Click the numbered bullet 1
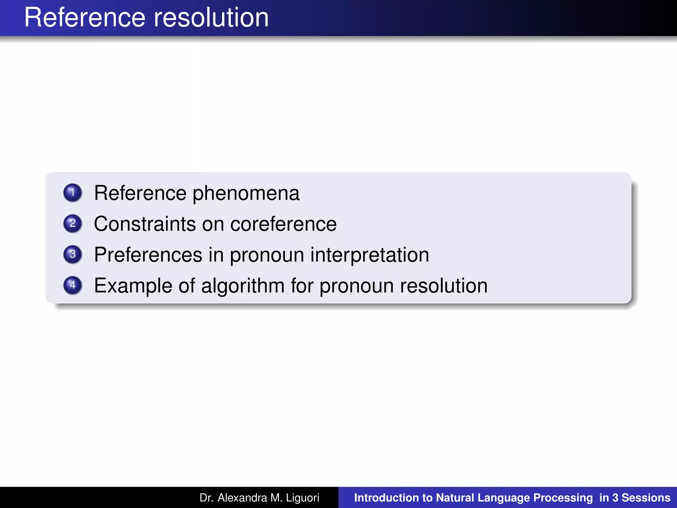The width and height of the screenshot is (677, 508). point(72,192)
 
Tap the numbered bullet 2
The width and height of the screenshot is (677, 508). point(72,223)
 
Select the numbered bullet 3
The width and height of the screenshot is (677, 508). point(72,254)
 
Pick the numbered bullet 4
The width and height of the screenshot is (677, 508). point(72,285)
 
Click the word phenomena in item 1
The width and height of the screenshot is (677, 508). point(246,193)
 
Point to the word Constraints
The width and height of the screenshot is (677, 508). point(145,224)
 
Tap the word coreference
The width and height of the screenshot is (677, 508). point(283,224)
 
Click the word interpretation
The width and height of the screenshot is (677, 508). point(370,255)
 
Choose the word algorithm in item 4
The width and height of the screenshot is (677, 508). point(243,286)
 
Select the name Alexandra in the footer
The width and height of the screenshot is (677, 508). point(242,498)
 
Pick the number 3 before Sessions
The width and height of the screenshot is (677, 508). point(615,498)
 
